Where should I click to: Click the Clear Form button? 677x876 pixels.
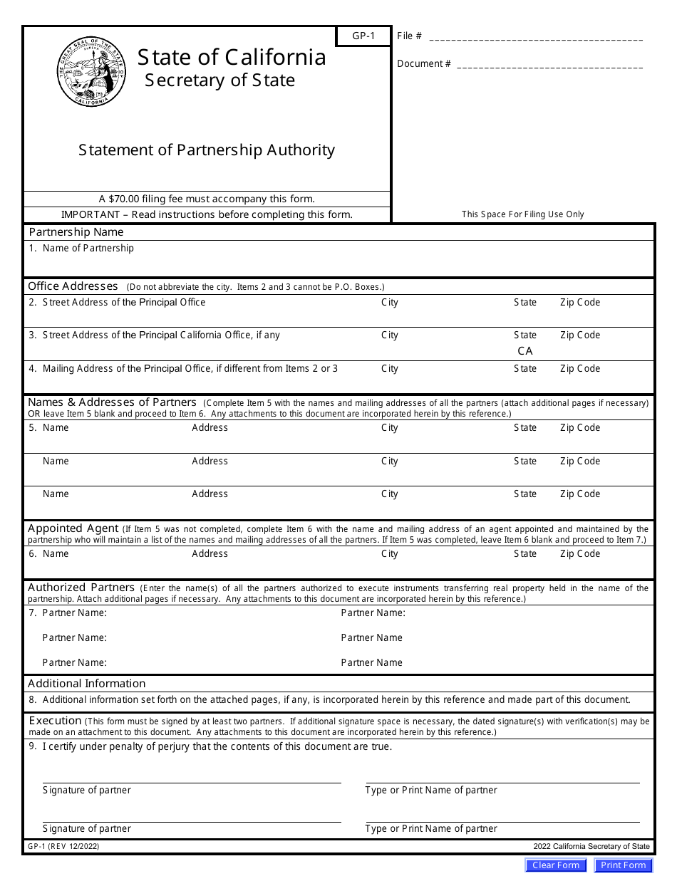(556, 865)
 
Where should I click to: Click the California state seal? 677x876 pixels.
(91, 73)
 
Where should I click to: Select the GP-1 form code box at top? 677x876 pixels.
(363, 36)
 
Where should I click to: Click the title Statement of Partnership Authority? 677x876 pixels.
(207, 150)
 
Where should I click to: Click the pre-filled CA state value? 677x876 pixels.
(525, 351)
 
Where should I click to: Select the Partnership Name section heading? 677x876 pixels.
(76, 232)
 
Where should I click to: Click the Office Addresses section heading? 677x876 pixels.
(73, 286)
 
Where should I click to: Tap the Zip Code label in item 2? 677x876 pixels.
(580, 303)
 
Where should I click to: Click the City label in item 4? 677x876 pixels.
(390, 369)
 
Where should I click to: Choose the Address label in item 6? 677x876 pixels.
(210, 554)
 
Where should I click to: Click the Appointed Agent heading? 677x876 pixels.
(73, 528)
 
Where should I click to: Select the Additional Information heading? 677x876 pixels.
(86, 684)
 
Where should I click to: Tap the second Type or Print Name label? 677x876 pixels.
(431, 829)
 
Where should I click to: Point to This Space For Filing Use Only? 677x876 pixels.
(522, 214)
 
